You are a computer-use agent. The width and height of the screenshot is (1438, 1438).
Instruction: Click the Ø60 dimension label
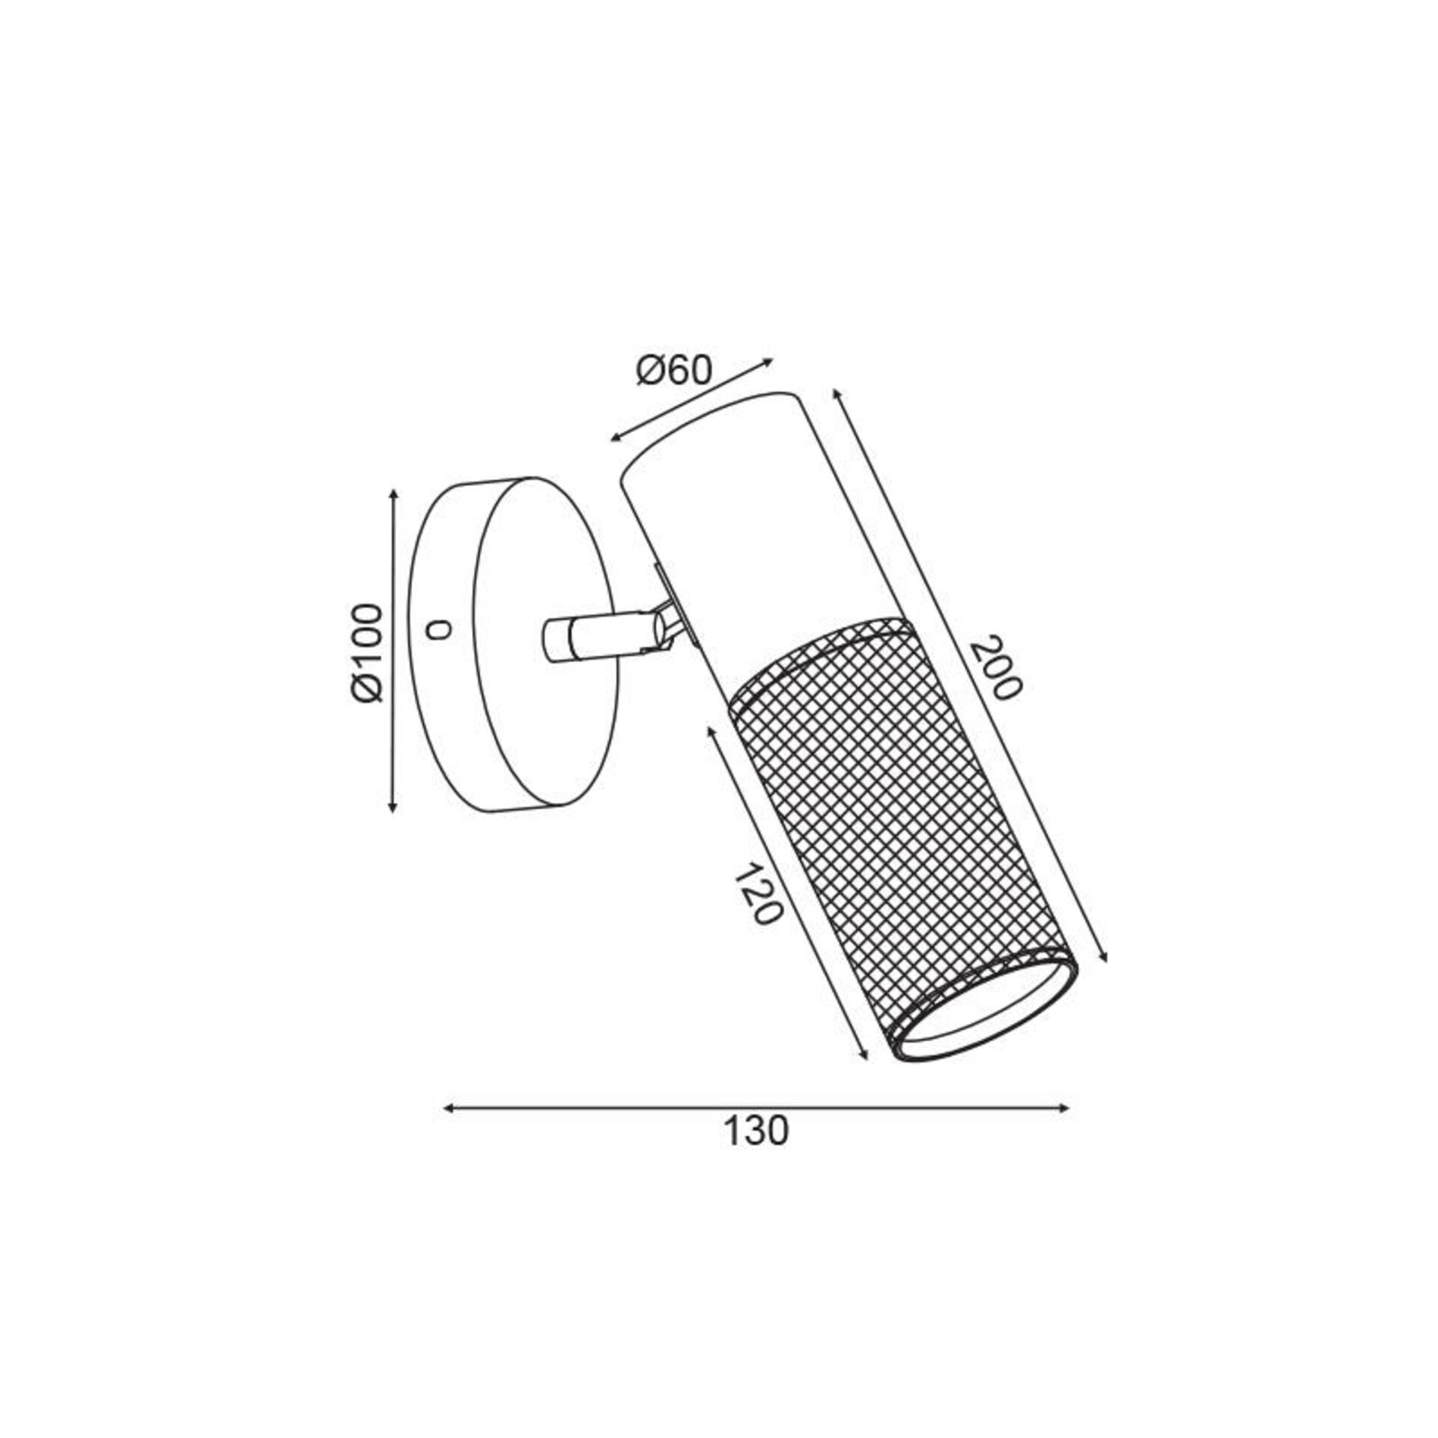[x=673, y=370]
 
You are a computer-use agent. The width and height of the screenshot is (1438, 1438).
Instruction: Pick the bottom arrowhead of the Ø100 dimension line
[x=392, y=806]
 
